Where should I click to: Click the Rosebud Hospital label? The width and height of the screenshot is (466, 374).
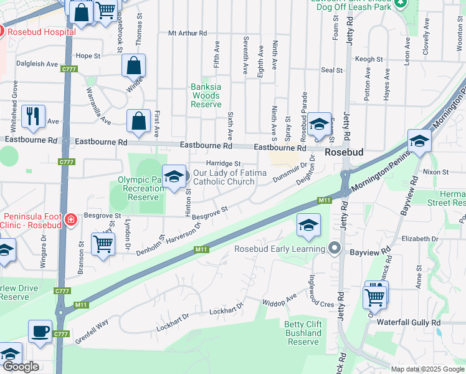(40, 30)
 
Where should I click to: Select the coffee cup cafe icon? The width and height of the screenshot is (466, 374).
(40, 332)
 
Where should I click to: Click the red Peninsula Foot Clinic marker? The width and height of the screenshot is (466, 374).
(71, 219)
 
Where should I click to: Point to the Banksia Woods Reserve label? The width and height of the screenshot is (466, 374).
(206, 96)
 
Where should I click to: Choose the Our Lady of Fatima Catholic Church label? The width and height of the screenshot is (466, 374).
(224, 178)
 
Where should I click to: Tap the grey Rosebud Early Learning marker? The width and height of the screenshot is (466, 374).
(335, 249)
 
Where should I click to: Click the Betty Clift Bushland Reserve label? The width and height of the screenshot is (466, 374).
(303, 333)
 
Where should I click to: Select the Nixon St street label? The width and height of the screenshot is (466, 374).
(435, 171)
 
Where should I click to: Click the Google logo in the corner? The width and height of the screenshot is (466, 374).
(21, 367)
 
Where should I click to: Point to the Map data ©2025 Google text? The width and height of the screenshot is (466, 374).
(427, 369)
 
